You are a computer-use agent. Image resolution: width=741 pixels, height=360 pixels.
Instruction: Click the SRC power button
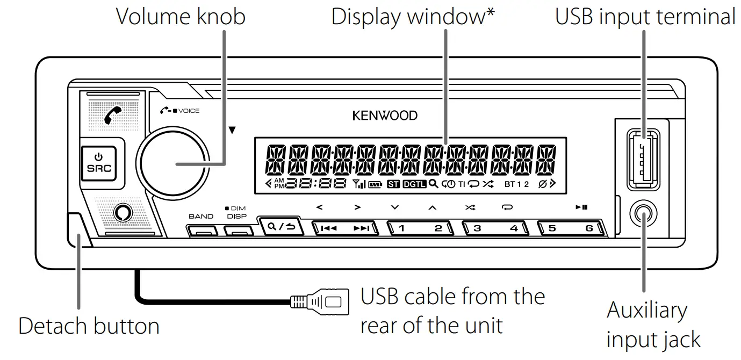(x=98, y=162)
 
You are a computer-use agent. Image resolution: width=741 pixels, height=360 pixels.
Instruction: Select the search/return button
(x=280, y=226)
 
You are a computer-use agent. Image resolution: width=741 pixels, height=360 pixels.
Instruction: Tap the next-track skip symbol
(x=362, y=228)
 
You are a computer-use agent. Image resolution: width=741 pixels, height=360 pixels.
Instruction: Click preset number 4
(x=514, y=228)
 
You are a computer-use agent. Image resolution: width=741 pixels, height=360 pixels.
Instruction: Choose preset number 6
(x=589, y=228)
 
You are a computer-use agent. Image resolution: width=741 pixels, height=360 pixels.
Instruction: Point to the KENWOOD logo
(x=385, y=115)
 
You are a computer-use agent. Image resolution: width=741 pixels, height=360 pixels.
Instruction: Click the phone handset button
(x=113, y=114)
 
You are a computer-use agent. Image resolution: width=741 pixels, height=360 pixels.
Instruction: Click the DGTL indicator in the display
(x=414, y=184)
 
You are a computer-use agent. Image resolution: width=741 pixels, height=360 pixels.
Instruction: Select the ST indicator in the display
(x=393, y=184)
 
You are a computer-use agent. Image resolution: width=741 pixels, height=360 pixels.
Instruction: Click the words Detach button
(x=89, y=326)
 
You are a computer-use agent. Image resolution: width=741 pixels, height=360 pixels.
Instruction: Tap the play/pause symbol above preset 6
(x=581, y=207)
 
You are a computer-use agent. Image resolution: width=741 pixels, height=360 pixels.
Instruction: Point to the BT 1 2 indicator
(x=516, y=184)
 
